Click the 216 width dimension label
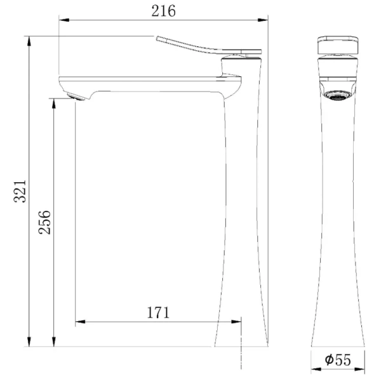[x=164, y=11]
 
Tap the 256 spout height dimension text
[x=44, y=222]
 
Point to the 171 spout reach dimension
[x=158, y=312]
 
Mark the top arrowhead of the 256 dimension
[x=54, y=102]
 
